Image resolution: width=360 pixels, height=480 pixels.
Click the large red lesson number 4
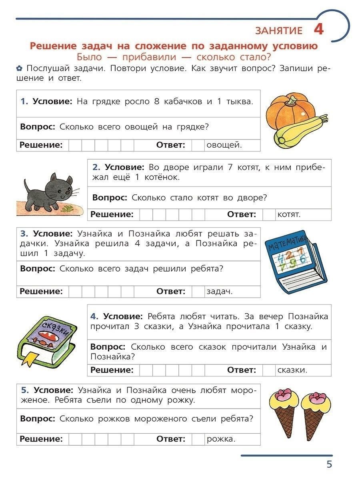(319, 30)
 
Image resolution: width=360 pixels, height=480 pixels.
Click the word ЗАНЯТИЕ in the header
(279, 31)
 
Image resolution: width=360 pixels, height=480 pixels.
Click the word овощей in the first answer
(224, 145)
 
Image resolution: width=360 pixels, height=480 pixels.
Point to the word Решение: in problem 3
(41, 292)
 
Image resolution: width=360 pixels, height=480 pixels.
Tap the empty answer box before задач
(198, 292)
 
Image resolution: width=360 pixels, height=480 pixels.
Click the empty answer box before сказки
(269, 370)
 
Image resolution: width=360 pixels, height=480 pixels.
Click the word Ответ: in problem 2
(242, 214)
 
